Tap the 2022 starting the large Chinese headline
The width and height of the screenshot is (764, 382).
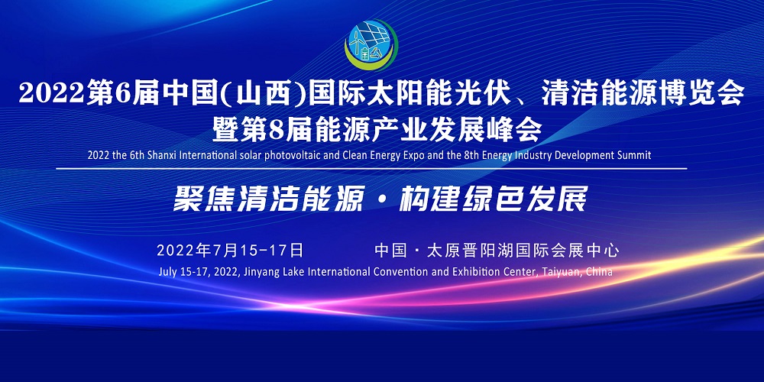(x=50, y=95)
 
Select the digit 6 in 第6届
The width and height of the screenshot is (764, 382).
(x=123, y=95)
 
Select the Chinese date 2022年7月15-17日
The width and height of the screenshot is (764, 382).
(x=230, y=250)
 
